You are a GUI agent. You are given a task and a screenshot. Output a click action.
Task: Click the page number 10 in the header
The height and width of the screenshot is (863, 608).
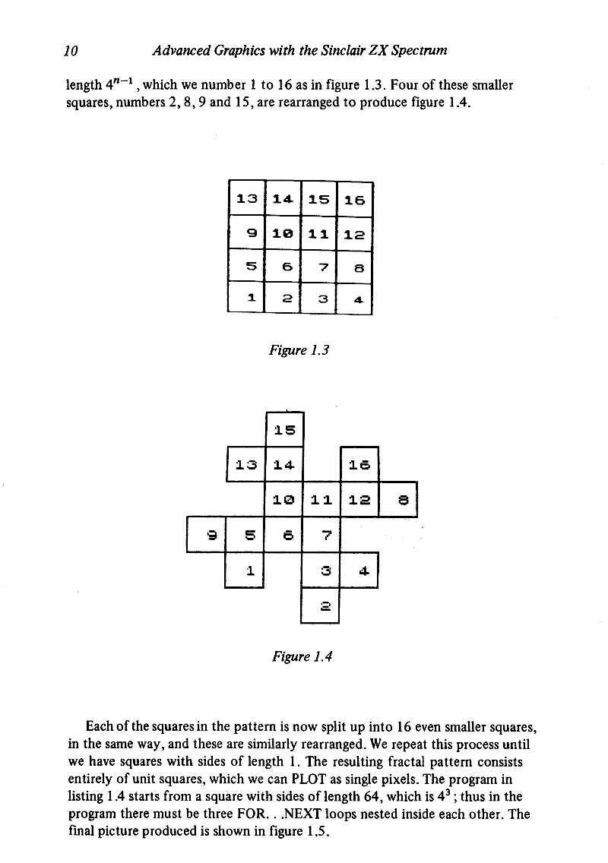point(71,52)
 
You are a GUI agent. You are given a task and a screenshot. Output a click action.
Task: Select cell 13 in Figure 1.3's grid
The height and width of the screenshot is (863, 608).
point(246,201)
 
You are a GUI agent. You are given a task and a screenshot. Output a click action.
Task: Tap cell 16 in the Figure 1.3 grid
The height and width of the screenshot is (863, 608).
point(354,201)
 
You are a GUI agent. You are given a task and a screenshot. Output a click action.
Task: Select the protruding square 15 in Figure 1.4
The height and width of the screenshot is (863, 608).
point(285,430)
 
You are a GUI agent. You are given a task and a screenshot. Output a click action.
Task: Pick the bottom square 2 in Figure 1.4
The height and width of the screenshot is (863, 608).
point(319,605)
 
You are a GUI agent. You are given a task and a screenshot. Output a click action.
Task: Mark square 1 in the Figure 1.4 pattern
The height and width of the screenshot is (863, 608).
point(246,570)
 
